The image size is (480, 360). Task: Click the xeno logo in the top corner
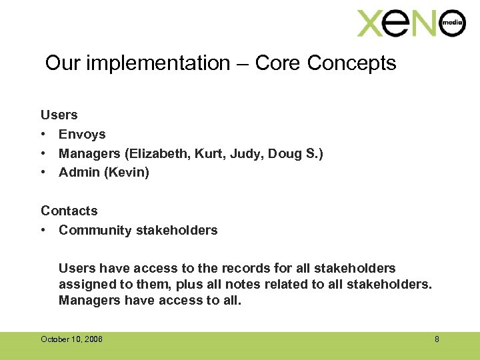point(409,23)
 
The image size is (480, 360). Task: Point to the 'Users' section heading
point(59,115)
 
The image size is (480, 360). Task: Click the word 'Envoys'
point(82,134)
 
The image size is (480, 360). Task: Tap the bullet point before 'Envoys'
point(43,135)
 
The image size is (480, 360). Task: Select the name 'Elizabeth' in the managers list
point(159,153)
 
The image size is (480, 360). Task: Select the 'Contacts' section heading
point(69,211)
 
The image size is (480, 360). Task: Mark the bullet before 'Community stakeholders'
point(43,231)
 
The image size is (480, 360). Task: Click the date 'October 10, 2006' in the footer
point(71,339)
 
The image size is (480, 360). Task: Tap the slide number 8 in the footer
point(437,339)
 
